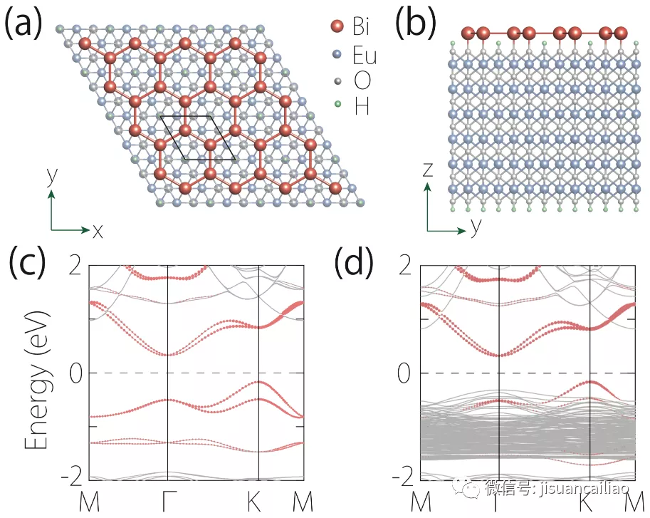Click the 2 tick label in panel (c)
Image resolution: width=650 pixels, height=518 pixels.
point(75,265)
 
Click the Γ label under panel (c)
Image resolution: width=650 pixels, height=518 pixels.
point(167,501)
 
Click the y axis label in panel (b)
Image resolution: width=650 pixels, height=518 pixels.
point(474,227)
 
